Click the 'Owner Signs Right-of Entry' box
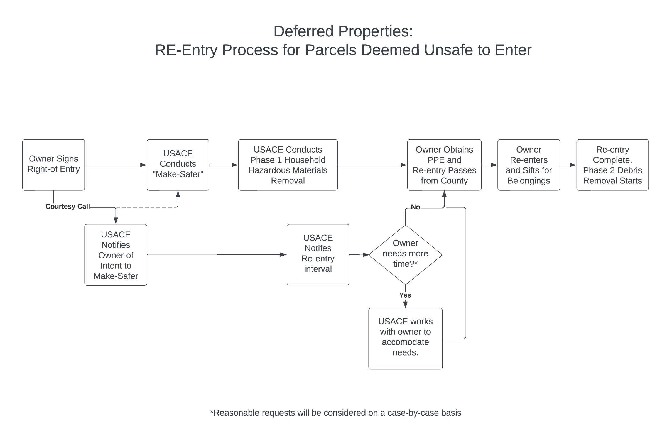click(53, 165)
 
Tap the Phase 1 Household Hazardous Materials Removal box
click(288, 165)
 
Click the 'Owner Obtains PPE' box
click(444, 165)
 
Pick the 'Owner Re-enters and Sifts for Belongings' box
click(528, 165)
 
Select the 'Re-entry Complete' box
click(612, 165)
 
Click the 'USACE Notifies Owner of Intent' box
click(116, 255)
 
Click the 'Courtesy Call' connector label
click(67, 207)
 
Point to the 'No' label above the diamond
click(415, 207)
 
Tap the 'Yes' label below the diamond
click(405, 295)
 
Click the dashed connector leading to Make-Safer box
click(148, 207)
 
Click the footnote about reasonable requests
click(335, 413)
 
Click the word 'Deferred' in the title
click(303, 31)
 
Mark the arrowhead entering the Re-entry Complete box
click(573, 165)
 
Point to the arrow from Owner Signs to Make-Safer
click(114, 165)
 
